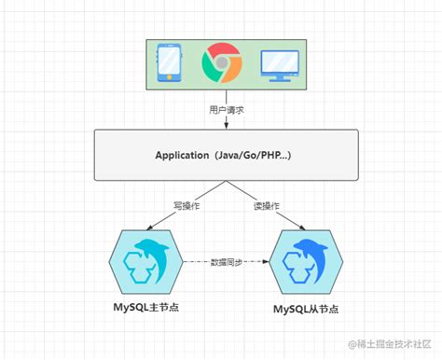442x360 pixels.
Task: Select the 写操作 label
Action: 184,205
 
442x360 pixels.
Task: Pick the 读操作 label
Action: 266,205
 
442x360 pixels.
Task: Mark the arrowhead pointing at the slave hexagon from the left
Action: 270,263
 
